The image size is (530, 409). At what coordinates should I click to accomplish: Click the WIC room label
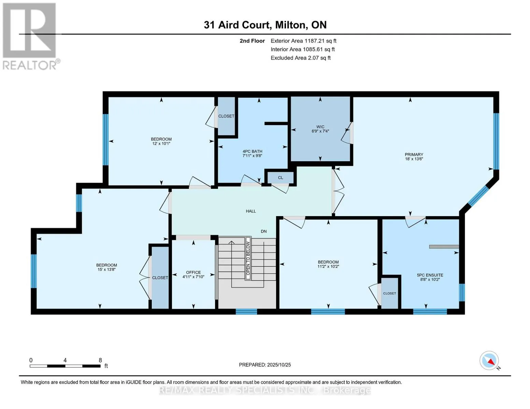(320, 127)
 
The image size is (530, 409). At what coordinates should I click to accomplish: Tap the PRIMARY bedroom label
(414, 154)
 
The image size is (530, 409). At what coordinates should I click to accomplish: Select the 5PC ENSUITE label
(430, 275)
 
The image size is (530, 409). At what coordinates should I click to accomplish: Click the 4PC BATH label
(252, 151)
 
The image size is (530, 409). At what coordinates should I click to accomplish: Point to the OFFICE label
(193, 272)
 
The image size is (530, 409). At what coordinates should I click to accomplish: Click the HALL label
(251, 211)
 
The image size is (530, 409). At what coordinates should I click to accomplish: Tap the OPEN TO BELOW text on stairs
(248, 259)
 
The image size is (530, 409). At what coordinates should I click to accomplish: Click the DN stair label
(263, 231)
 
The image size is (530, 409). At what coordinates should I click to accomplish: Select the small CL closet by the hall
(280, 178)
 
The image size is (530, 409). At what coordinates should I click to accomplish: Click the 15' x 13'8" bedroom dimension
(106, 270)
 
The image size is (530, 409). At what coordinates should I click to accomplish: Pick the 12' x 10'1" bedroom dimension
(161, 143)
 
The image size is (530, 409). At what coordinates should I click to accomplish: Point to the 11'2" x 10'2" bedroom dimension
(328, 267)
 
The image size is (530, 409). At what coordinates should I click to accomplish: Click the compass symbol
(489, 361)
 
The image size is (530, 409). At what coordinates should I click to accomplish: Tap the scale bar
(65, 366)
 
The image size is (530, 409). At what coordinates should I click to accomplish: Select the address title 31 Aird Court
(265, 25)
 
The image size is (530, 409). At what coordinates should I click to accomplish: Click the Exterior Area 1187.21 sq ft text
(303, 41)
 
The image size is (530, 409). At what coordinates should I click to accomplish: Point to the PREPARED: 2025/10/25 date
(265, 365)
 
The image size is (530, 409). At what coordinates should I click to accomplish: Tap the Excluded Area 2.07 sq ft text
(300, 58)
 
